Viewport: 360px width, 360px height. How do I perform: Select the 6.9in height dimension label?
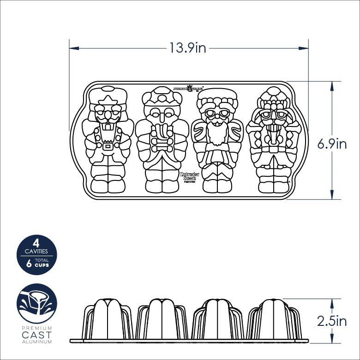[331, 144]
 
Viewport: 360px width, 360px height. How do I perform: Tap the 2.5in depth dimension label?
[331, 321]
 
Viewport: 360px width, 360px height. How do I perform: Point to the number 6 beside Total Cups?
[30, 263]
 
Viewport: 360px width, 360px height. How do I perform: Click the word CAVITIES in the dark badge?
[36, 252]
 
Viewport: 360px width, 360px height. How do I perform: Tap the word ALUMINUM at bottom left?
[37, 342]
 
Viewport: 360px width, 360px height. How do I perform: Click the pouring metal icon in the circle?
[37, 303]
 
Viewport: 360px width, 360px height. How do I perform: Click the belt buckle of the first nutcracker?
[108, 146]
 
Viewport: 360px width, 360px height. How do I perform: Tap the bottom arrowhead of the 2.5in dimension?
[332, 341]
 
